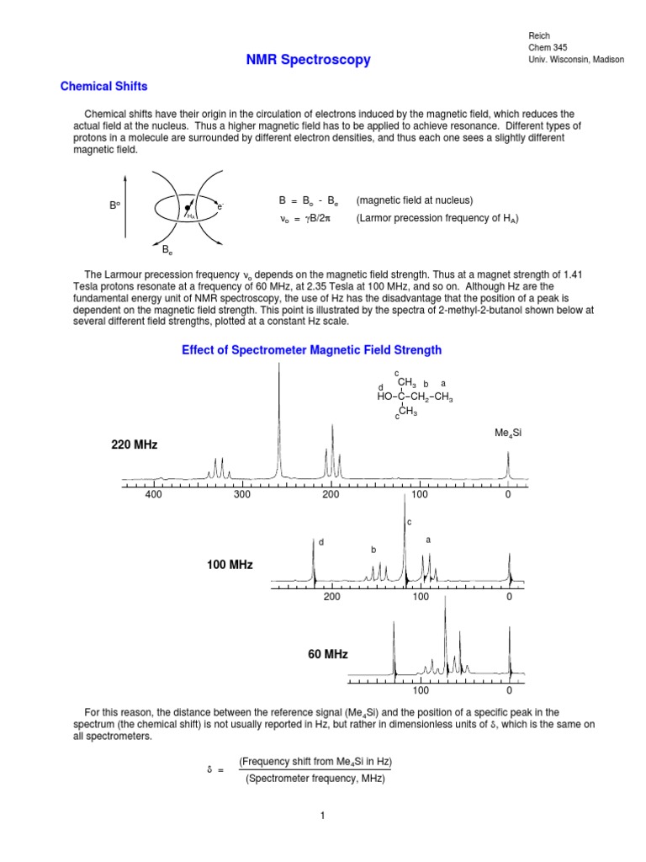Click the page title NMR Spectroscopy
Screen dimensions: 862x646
point(308,60)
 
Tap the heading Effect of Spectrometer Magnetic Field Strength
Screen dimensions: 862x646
point(311,349)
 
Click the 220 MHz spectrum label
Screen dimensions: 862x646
point(135,444)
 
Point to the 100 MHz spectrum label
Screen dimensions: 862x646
point(230,564)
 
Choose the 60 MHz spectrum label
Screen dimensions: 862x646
point(327,654)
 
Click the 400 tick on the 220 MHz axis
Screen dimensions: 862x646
point(153,495)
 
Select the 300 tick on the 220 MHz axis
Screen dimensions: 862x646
point(242,495)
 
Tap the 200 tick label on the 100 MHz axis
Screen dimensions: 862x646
point(331,597)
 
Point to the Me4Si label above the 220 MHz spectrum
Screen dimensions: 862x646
point(509,433)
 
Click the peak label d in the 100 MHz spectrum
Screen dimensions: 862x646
point(320,541)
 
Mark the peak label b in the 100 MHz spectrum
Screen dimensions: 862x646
point(373,550)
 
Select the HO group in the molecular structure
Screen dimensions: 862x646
point(385,397)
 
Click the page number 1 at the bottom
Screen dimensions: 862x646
point(322,816)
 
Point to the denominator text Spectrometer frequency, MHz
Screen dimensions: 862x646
point(315,779)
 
